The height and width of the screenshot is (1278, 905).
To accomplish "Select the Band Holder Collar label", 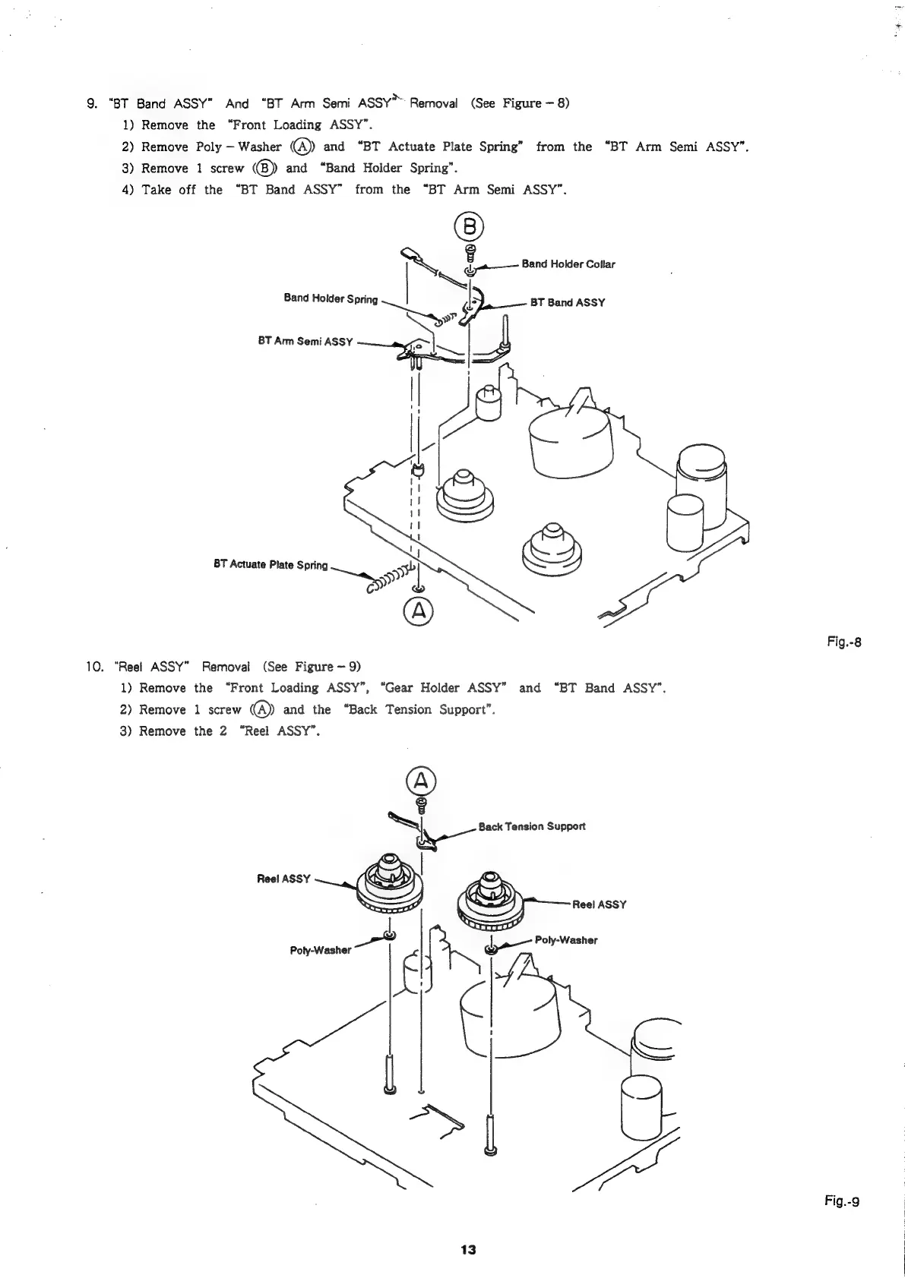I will click(x=568, y=264).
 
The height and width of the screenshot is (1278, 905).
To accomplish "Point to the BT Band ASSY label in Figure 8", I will click(x=567, y=302).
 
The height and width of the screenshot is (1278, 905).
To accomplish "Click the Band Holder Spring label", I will click(x=331, y=298).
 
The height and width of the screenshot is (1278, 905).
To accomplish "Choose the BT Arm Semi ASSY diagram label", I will click(x=305, y=342).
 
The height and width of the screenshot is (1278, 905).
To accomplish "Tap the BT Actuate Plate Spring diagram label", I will click(x=271, y=565).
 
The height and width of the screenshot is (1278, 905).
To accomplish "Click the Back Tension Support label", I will click(x=532, y=826).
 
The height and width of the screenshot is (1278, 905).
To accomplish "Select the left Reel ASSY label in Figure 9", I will click(x=284, y=879).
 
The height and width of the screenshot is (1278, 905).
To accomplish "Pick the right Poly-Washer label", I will click(x=566, y=940).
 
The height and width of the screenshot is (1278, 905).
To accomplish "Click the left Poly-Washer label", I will click(x=321, y=950).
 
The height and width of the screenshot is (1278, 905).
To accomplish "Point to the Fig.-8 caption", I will click(x=846, y=644).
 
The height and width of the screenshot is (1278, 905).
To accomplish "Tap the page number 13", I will click(x=467, y=1250).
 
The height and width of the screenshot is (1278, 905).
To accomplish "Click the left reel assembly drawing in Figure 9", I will click(x=389, y=888).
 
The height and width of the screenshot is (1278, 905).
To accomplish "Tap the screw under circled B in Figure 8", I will click(x=470, y=251).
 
